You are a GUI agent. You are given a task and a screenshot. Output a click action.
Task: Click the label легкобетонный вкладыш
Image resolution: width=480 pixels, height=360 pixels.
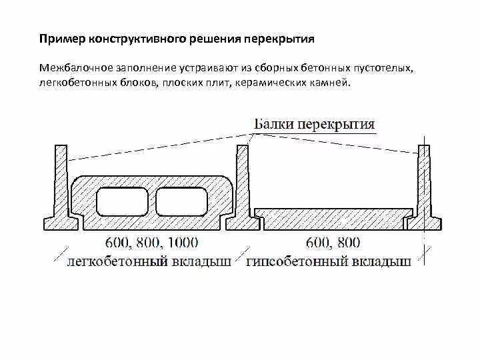(149, 261)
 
